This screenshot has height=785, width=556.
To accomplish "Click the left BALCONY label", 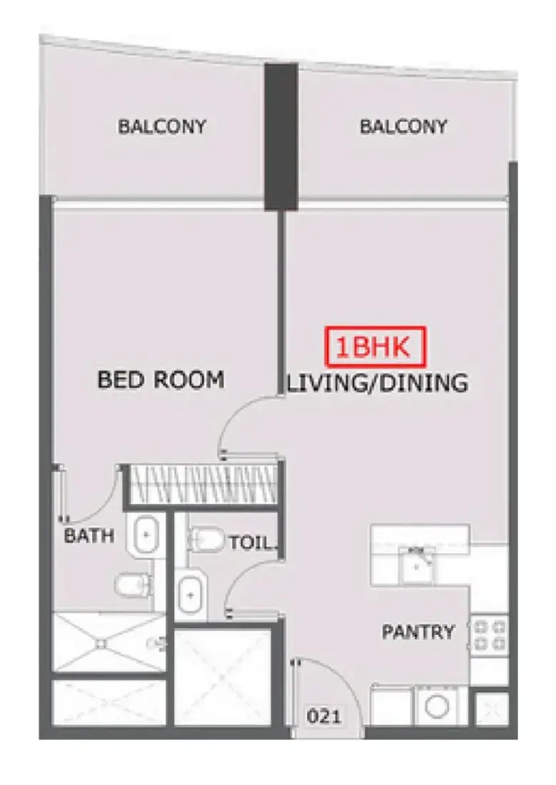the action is click(x=162, y=126).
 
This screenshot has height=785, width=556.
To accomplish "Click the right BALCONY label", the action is click(x=403, y=126).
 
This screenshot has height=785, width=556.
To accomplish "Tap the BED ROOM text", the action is click(x=161, y=380).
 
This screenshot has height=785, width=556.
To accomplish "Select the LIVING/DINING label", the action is click(x=377, y=383).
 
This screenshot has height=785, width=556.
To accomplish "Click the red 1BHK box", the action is click(x=375, y=346).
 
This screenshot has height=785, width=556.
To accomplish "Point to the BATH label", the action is click(x=89, y=536).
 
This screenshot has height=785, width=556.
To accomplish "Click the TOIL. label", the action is click(x=252, y=542).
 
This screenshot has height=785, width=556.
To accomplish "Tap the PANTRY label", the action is click(x=418, y=632).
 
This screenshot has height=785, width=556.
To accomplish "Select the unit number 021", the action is click(x=324, y=716).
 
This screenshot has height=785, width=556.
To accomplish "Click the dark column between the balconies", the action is click(x=281, y=136).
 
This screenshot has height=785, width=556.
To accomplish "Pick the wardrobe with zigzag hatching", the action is click(x=203, y=485).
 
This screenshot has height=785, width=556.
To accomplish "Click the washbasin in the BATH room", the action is click(x=146, y=535).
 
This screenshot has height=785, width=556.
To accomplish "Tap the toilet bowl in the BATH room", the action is click(x=133, y=585).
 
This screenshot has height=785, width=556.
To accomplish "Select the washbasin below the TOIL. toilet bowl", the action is click(x=191, y=595).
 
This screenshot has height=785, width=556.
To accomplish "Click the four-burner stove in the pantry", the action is click(x=490, y=635).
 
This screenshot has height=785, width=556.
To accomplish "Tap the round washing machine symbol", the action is click(x=437, y=707).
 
